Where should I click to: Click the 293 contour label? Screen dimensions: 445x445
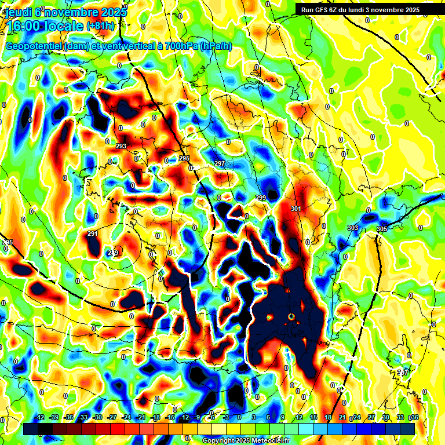(121, 146)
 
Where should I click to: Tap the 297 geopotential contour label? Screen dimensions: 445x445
(220, 164)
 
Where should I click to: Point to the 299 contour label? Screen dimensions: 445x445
(261, 198)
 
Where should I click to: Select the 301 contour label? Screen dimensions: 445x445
(296, 209)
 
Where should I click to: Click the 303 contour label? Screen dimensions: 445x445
(353, 228)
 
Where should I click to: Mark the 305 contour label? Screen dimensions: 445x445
(381, 229)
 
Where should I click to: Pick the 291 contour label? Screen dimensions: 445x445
(93, 234)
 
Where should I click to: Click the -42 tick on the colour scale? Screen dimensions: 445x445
(40, 417)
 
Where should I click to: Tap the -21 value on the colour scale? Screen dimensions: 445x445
(140, 417)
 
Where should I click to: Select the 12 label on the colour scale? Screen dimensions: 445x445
(299, 417)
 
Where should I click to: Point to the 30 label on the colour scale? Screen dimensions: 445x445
(385, 417)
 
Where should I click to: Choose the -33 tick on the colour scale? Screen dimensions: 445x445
(83, 417)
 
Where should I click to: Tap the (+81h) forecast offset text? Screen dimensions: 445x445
(101, 26)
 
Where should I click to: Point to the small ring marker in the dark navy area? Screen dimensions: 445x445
(291, 316)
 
